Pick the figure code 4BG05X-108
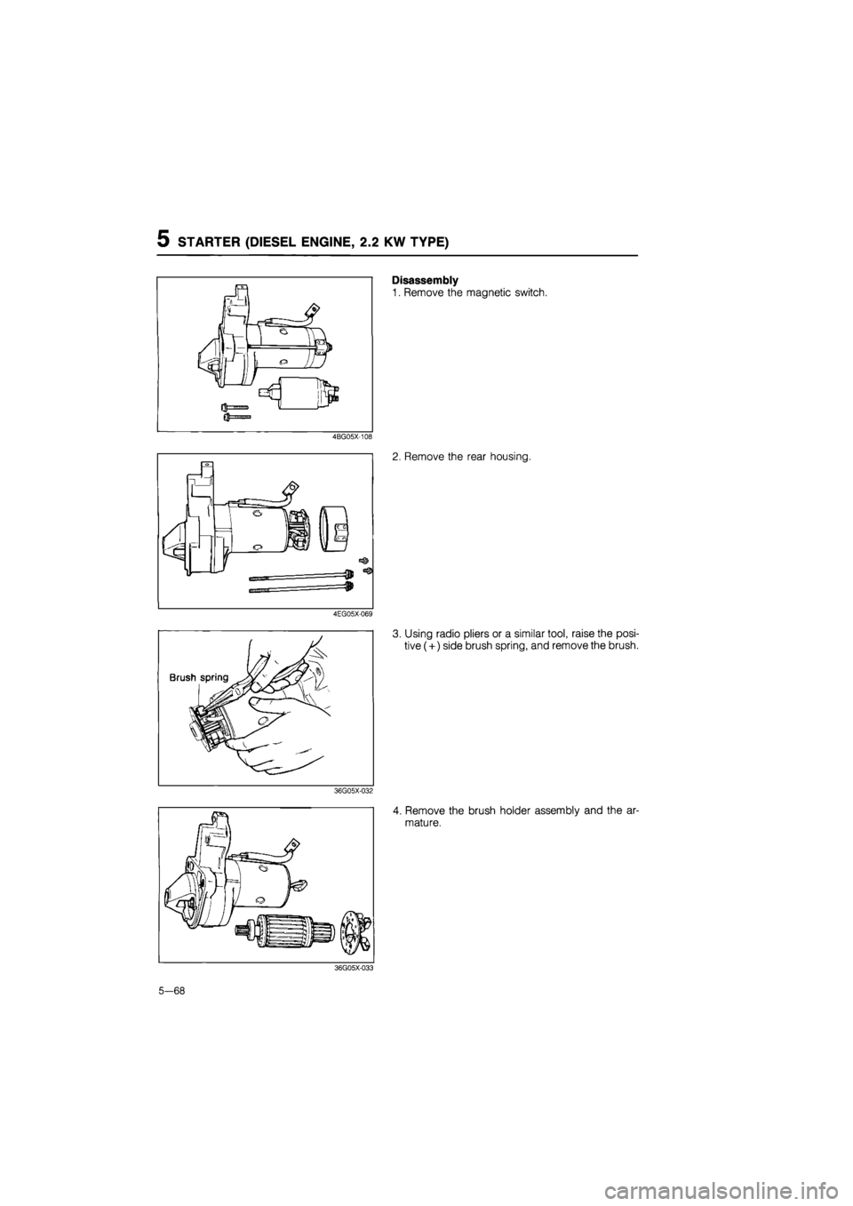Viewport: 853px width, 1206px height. (x=352, y=437)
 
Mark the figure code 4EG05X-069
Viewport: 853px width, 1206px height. (x=352, y=614)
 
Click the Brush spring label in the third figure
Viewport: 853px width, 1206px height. (x=199, y=676)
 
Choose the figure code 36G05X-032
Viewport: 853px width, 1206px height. (x=352, y=789)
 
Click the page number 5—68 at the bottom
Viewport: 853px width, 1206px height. (x=178, y=991)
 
